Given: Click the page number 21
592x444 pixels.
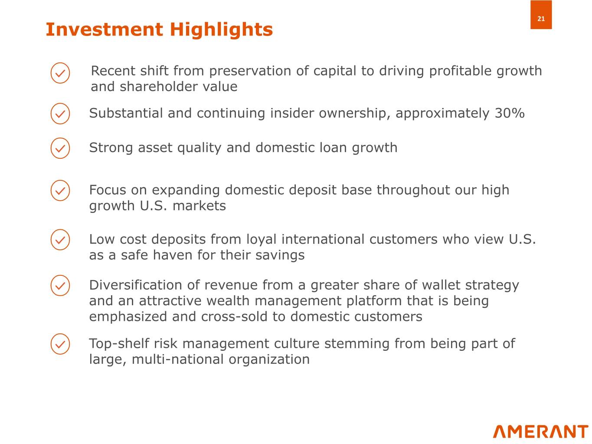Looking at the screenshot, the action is (x=541, y=19).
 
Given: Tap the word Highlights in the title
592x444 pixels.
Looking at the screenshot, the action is (x=221, y=29).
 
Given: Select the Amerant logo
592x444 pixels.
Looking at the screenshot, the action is (x=540, y=431).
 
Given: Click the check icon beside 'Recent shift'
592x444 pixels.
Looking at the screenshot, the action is (x=60, y=73).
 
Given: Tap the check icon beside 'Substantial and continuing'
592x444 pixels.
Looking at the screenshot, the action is (x=60, y=114).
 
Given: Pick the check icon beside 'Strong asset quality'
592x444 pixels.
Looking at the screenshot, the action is (x=60, y=148).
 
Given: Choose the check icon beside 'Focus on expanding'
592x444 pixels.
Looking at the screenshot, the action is (x=60, y=190).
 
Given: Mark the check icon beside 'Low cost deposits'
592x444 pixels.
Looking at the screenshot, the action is (x=60, y=239).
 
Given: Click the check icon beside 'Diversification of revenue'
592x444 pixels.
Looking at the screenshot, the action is (x=60, y=285).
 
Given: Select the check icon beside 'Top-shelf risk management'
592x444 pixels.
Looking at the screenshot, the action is (x=60, y=344).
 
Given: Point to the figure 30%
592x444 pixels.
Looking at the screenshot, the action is (x=510, y=113).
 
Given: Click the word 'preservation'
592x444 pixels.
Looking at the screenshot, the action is (x=250, y=71).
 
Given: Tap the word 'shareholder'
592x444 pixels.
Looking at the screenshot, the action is (x=159, y=87).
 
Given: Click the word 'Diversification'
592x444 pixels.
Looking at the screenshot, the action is (x=136, y=285).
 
